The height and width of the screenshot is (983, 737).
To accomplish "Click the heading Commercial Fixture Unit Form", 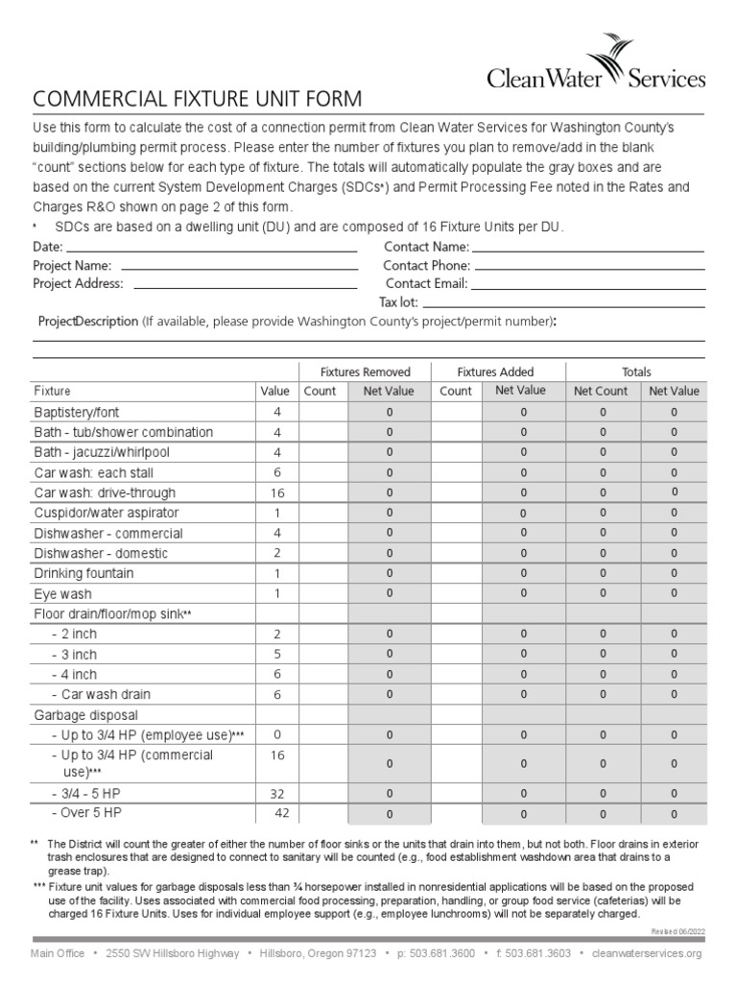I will (198, 99).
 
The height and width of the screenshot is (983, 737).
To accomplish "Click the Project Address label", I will (78, 283).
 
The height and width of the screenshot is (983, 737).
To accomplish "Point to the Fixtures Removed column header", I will (365, 372).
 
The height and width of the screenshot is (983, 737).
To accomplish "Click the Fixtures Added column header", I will (495, 372).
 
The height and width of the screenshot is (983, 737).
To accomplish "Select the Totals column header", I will (635, 372).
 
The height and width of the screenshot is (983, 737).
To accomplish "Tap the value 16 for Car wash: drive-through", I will (276, 492).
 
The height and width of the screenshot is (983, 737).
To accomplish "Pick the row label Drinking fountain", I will (83, 573).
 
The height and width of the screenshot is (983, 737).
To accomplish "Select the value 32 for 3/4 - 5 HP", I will (276, 794).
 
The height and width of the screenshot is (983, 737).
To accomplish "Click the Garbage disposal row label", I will (86, 714).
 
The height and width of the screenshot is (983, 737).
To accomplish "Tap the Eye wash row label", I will (63, 594).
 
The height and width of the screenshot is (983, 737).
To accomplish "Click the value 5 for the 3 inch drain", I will (276, 654).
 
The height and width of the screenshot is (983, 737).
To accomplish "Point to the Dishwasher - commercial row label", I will (107, 533).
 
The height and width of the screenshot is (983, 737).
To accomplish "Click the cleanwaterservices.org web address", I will (648, 953).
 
